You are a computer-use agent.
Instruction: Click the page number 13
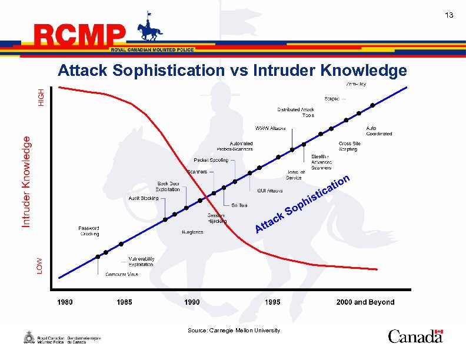tap(449, 15)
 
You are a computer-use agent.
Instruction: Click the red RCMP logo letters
tap(80, 36)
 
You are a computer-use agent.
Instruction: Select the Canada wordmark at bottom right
tap(415, 336)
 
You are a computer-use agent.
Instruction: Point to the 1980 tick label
tap(65, 302)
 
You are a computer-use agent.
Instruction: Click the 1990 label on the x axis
tap(192, 302)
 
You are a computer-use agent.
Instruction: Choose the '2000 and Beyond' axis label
tap(365, 302)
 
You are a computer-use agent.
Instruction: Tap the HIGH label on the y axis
tap(41, 97)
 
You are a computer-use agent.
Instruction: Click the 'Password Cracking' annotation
tap(89, 231)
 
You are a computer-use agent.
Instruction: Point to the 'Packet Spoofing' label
tap(211, 160)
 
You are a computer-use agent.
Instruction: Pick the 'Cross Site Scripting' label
tap(349, 146)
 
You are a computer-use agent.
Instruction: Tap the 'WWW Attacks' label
tap(270, 128)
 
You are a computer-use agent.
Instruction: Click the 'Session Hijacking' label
tap(216, 218)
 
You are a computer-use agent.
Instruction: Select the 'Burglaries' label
tap(192, 232)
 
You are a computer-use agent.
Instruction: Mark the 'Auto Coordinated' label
tap(379, 131)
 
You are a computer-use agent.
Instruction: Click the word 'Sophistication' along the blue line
tap(318, 194)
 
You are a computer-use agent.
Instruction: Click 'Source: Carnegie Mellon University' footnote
tap(234, 331)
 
